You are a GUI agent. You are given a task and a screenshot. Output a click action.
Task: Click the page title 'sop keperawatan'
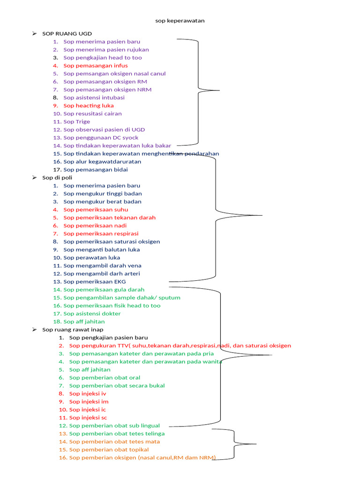pos(180,21)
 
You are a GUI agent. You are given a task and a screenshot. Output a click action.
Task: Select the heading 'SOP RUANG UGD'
pos(67,34)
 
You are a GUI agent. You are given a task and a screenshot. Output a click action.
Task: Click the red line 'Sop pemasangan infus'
pos(95,66)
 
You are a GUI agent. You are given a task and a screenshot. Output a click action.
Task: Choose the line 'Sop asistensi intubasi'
pos(94,97)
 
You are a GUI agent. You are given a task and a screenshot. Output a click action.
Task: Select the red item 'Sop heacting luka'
pos(89,105)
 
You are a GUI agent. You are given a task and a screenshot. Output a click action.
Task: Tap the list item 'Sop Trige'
pos(76,121)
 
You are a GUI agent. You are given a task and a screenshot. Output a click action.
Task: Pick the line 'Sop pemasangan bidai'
pos(96,170)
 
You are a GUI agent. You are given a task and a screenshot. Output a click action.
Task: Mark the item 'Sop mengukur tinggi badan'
pos(102,194)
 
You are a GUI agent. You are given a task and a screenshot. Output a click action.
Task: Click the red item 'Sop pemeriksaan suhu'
pos(96,210)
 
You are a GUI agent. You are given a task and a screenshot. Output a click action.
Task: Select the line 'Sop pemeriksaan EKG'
pos(95,282)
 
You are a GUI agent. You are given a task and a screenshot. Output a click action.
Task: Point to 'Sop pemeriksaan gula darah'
pos(104,290)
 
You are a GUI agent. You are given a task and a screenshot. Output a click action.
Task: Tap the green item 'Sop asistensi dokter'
pos(92,314)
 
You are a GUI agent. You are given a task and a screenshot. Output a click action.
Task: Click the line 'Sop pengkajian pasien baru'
pos(108,337)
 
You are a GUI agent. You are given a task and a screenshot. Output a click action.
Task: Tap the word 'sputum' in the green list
pos(170,298)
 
